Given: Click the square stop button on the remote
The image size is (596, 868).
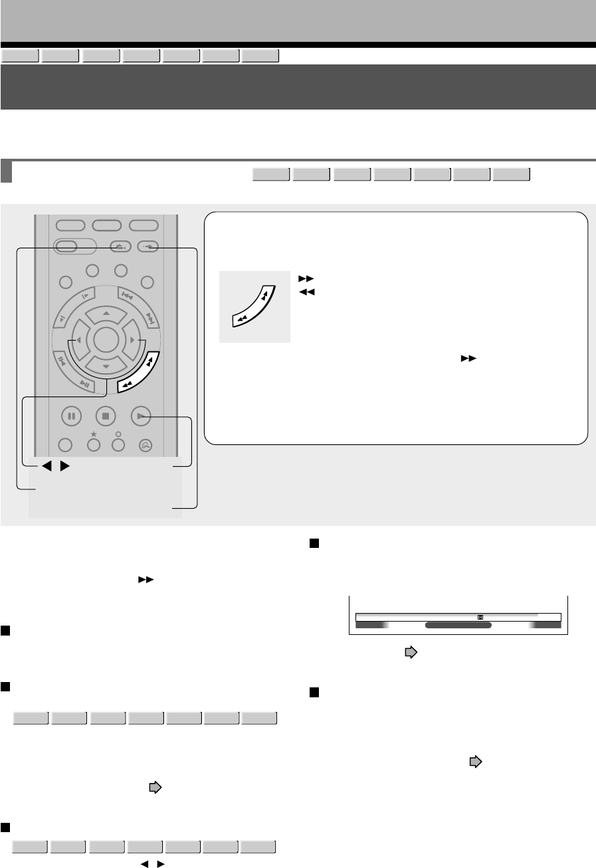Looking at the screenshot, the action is point(106,416).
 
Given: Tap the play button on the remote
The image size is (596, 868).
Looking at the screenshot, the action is point(141,416).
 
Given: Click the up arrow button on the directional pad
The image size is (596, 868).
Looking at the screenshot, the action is point(106,312).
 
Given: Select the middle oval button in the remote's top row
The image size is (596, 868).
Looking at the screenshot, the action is point(106,224).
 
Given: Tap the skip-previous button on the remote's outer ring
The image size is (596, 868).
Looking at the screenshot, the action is point(128,296).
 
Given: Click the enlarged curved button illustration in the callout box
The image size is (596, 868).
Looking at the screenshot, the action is point(255,307).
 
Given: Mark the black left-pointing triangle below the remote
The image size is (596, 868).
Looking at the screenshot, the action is point(47,466).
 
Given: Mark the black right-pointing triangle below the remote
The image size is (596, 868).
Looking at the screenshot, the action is point(64,466).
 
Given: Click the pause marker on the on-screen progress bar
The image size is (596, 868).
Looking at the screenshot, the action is point(480,617).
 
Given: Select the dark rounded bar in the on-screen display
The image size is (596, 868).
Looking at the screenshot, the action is point(458,625).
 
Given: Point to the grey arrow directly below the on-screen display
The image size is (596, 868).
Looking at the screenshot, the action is point(411,653).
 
